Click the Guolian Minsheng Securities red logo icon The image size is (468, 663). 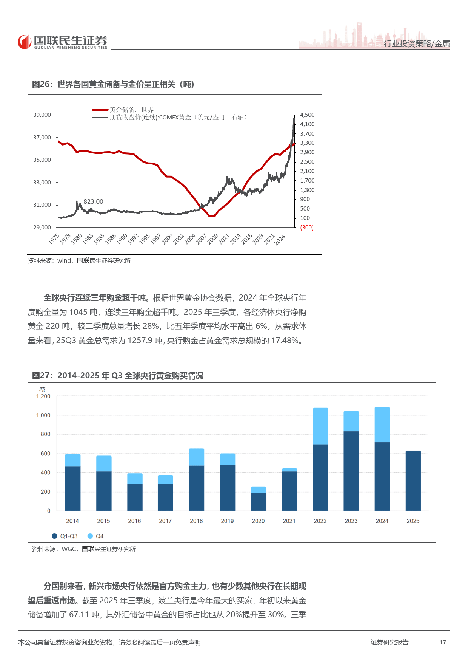click(x=25, y=42)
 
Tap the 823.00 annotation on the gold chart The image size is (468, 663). click(x=93, y=202)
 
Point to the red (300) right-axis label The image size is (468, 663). click(x=306, y=228)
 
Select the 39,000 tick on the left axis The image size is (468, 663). click(x=42, y=115)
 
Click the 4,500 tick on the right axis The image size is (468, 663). click(x=307, y=115)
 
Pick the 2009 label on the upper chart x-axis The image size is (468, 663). click(x=212, y=239)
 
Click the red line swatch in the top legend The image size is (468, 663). click(x=100, y=110)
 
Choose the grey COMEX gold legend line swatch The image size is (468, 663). click(x=100, y=118)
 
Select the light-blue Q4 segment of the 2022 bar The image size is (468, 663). click(x=320, y=426)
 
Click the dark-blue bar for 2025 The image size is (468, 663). click(x=413, y=480)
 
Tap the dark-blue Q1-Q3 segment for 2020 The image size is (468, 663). click(x=259, y=502)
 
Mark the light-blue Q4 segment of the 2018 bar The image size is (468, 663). click(x=196, y=457)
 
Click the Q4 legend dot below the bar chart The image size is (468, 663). click(x=90, y=536)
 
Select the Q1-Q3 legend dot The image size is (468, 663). click(x=54, y=536)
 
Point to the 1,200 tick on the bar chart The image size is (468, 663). click(x=43, y=397)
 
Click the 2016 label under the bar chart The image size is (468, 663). click(x=134, y=521)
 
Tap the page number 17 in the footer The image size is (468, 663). click(x=443, y=642)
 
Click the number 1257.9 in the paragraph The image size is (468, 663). click(x=140, y=341)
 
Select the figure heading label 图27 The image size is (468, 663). click(x=41, y=376)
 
